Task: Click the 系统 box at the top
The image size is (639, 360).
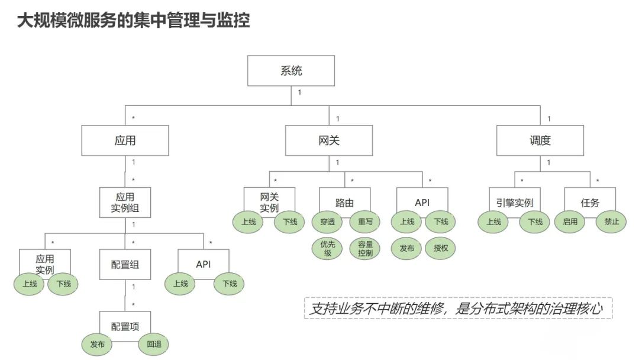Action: click(x=291, y=70)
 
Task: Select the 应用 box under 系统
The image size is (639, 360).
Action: click(x=125, y=140)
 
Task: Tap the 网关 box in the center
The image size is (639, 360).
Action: click(x=329, y=140)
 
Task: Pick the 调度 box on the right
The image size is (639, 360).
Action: click(x=540, y=140)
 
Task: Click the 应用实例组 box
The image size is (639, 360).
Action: click(x=125, y=202)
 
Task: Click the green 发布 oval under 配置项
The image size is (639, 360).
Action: click(x=97, y=344)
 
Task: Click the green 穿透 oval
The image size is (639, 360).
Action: click(x=327, y=221)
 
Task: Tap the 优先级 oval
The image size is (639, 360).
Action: click(x=327, y=248)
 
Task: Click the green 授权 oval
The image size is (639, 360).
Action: click(x=441, y=248)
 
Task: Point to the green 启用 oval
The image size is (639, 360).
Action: click(x=570, y=221)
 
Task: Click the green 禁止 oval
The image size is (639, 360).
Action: click(x=611, y=221)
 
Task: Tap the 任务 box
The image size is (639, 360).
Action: click(x=590, y=202)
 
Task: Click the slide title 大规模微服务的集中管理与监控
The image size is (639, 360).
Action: click(x=133, y=21)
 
